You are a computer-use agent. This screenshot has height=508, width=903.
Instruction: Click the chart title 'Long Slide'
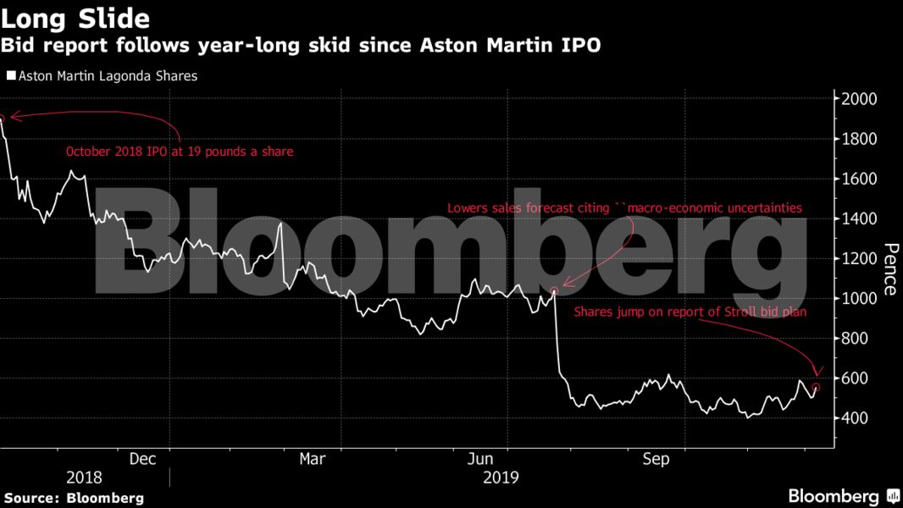(x=75, y=19)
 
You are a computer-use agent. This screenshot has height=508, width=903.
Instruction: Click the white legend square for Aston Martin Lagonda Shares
(x=11, y=75)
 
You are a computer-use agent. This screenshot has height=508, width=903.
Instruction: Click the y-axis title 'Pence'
(x=890, y=269)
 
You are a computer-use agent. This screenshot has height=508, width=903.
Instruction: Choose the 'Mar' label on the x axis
(x=313, y=459)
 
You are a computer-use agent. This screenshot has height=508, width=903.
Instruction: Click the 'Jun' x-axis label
(x=482, y=459)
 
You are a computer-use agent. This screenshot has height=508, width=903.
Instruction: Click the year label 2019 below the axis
(x=500, y=478)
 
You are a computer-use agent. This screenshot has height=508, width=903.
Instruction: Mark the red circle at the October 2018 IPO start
(x=2, y=119)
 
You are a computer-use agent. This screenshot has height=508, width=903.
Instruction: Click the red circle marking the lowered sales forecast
(x=554, y=291)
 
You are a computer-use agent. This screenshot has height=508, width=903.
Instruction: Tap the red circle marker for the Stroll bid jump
(x=816, y=388)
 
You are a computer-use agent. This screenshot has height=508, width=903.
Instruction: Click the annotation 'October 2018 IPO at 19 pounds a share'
(x=180, y=153)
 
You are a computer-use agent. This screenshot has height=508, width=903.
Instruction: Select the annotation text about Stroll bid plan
(x=690, y=312)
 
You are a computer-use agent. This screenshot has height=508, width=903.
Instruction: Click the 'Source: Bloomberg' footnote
(x=74, y=498)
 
